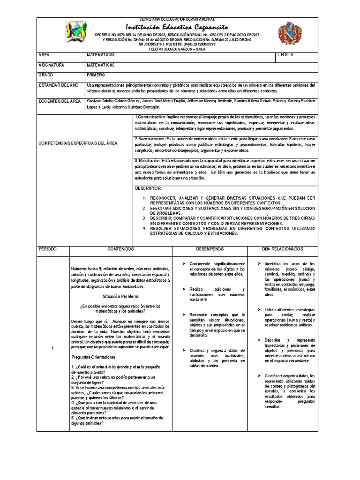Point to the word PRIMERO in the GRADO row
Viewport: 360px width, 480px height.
tap(96, 75)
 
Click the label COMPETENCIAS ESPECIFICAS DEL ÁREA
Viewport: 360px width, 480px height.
tap(78, 142)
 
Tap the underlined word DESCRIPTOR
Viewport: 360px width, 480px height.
tap(148, 188)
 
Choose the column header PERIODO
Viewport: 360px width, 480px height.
tap(47, 249)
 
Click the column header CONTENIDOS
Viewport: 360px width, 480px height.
tap(121, 249)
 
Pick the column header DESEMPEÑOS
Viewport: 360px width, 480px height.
tap(210, 249)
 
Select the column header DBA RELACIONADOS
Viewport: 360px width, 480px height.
tap(282, 249)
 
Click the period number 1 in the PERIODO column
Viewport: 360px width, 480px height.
tap(53, 348)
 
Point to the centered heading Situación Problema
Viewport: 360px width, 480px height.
tap(121, 297)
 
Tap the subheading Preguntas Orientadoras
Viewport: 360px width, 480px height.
tap(94, 357)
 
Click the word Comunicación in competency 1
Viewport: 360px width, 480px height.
tap(150, 116)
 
